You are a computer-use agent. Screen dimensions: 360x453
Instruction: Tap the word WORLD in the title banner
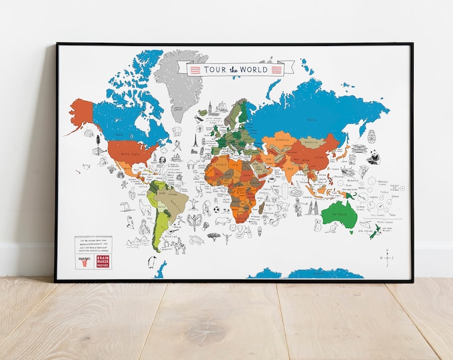point(256,69)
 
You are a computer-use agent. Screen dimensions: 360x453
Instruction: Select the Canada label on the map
point(127,123)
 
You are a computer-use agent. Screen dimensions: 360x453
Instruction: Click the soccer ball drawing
point(217,209)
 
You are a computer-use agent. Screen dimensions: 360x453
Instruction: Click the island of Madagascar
point(262,213)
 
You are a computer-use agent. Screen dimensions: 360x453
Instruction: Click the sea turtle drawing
point(196,239)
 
